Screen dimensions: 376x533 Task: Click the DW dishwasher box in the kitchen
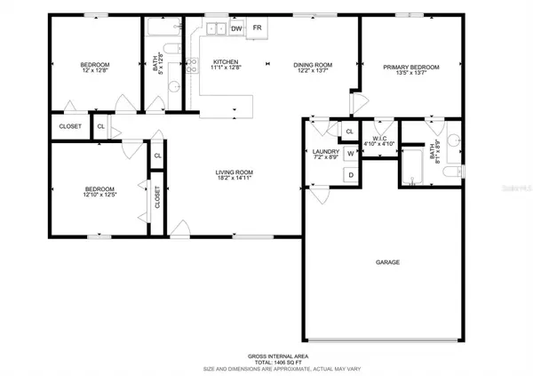[237, 29]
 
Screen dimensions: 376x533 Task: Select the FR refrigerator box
[259, 29]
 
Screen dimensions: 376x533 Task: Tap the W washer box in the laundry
[350, 154]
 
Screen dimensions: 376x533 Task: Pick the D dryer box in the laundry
[350, 175]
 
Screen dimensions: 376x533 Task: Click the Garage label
[388, 263]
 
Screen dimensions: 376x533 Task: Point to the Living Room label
[235, 172]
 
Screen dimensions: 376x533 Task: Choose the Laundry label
[326, 152]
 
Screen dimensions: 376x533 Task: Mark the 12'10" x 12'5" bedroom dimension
[99, 196]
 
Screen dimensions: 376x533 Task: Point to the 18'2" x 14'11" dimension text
[235, 180]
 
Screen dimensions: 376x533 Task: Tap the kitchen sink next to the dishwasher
[216, 29]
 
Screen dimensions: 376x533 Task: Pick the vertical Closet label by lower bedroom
[157, 197]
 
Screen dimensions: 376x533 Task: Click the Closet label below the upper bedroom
[70, 126]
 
